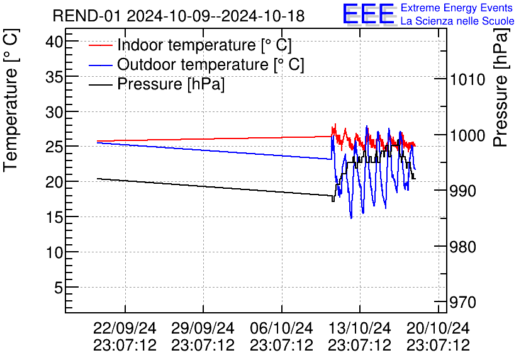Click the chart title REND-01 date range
tap(179, 16)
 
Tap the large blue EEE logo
tap(368, 14)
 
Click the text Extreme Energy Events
tap(456, 8)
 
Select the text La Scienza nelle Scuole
tap(457, 21)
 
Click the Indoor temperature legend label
tap(204, 45)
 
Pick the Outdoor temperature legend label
tap(211, 65)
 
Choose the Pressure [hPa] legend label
tap(171, 84)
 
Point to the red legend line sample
tap(100, 45)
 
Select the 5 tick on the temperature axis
tap(57, 288)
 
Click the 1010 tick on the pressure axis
tap(467, 79)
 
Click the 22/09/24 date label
tap(125, 329)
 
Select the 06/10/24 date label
tap(281, 329)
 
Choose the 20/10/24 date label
tap(438, 329)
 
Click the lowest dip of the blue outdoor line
tap(351, 218)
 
